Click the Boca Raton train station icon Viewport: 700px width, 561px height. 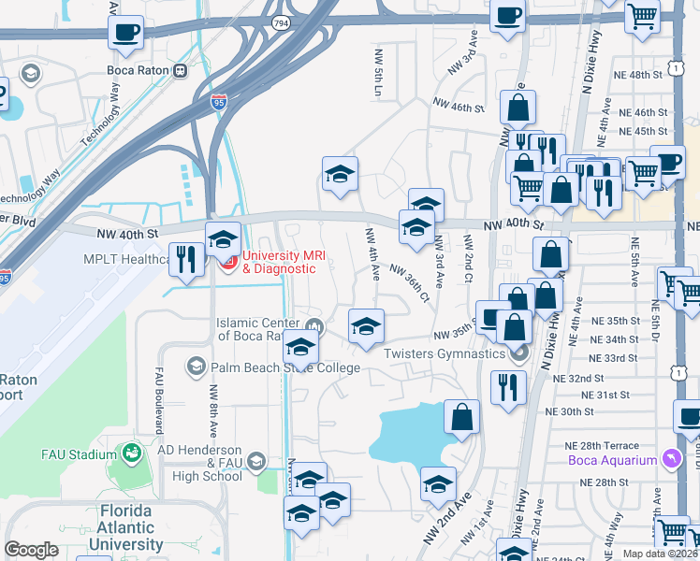180,69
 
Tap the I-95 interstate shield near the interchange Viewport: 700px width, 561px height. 219,102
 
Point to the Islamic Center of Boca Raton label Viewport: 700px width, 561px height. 263,329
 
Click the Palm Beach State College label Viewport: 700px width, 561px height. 285,367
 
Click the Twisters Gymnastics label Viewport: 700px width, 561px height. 446,352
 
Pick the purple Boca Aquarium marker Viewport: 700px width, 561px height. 670,459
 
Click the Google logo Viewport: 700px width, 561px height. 31,550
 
